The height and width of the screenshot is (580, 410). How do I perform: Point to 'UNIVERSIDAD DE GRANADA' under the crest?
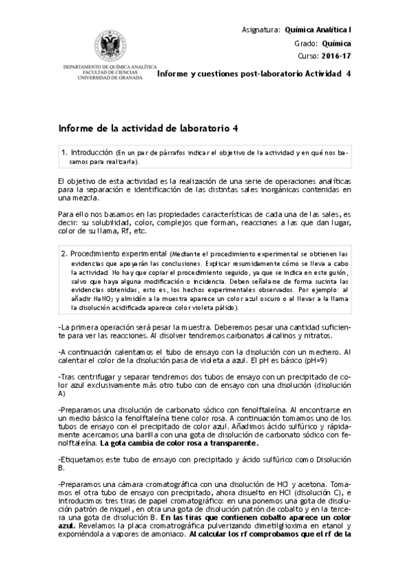(x=102, y=77)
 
